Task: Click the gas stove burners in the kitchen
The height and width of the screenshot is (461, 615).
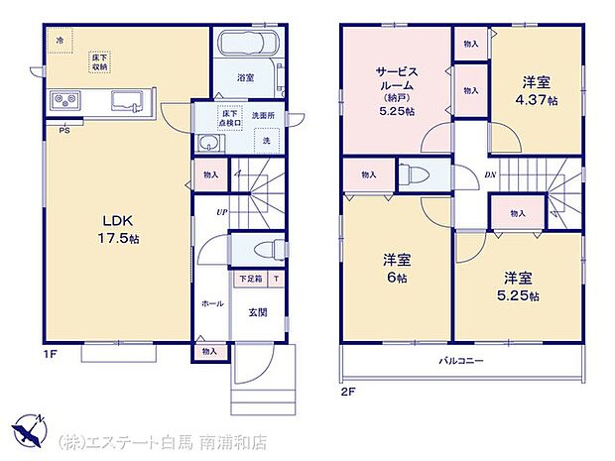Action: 67,100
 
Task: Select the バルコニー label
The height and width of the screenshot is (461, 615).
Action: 462,361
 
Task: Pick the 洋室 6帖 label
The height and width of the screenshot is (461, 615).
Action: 398,269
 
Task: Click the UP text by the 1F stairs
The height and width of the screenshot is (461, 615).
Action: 224,210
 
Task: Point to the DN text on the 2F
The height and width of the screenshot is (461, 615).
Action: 489,176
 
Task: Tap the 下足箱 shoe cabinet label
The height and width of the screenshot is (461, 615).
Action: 249,279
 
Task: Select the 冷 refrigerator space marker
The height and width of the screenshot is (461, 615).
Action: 59,40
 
